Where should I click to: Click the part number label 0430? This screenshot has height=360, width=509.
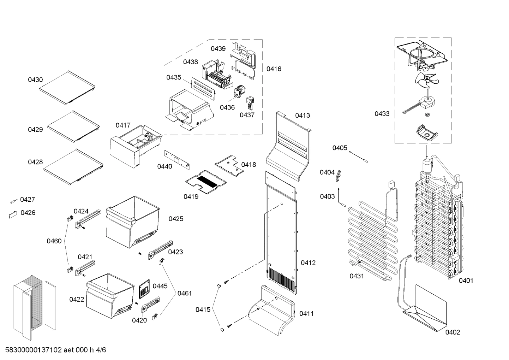pyautogui.click(x=35, y=80)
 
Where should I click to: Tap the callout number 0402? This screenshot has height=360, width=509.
pyautogui.click(x=453, y=332)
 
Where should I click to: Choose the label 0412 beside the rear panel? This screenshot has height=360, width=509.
pyautogui.click(x=308, y=263)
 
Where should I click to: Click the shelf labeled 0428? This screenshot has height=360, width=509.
pyautogui.click(x=73, y=166)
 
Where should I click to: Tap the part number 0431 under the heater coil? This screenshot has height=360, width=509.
pyautogui.click(x=357, y=276)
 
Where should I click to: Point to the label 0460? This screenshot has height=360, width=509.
pyautogui.click(x=54, y=241)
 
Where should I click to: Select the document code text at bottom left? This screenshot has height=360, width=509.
pyautogui.click(x=56, y=350)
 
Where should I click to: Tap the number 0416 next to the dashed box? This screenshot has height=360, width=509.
pyautogui.click(x=274, y=69)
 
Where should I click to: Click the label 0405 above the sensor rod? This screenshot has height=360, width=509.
pyautogui.click(x=340, y=148)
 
